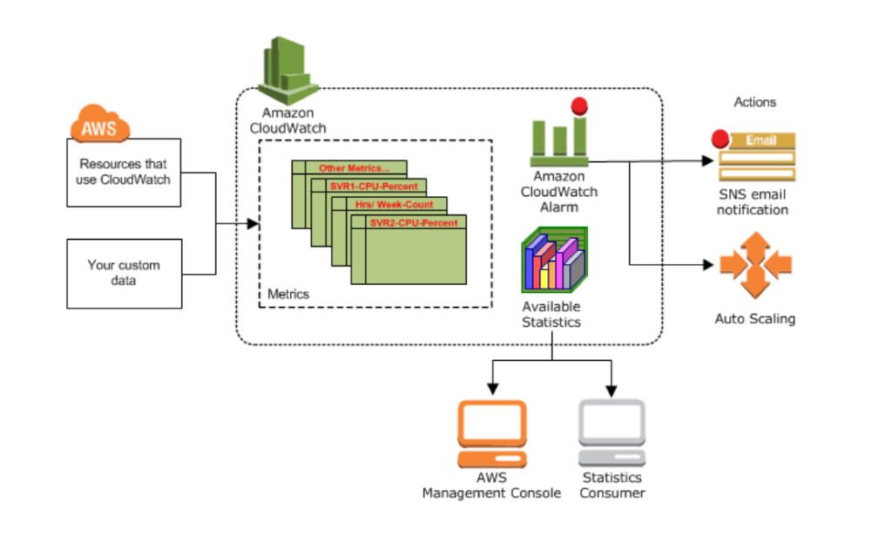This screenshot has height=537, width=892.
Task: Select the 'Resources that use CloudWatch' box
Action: [125, 172]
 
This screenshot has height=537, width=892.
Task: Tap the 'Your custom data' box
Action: [125, 273]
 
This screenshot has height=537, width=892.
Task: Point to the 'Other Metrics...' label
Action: [354, 167]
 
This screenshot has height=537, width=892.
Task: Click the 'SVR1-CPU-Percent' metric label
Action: [373, 187]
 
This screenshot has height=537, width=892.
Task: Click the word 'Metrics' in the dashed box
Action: [287, 294]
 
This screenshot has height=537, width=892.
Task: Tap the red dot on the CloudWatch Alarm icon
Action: [577, 107]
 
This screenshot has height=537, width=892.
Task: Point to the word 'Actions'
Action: [754, 102]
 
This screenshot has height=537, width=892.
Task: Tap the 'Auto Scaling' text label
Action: [754, 319]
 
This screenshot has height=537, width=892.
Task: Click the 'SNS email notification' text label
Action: [754, 202]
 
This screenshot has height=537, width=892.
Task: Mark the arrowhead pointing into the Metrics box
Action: [253, 224]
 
